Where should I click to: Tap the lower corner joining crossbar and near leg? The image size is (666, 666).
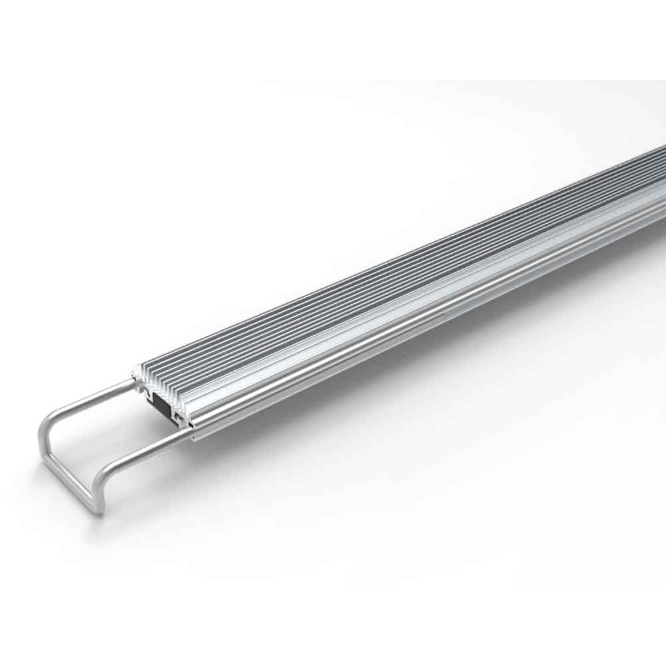click(98, 510)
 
